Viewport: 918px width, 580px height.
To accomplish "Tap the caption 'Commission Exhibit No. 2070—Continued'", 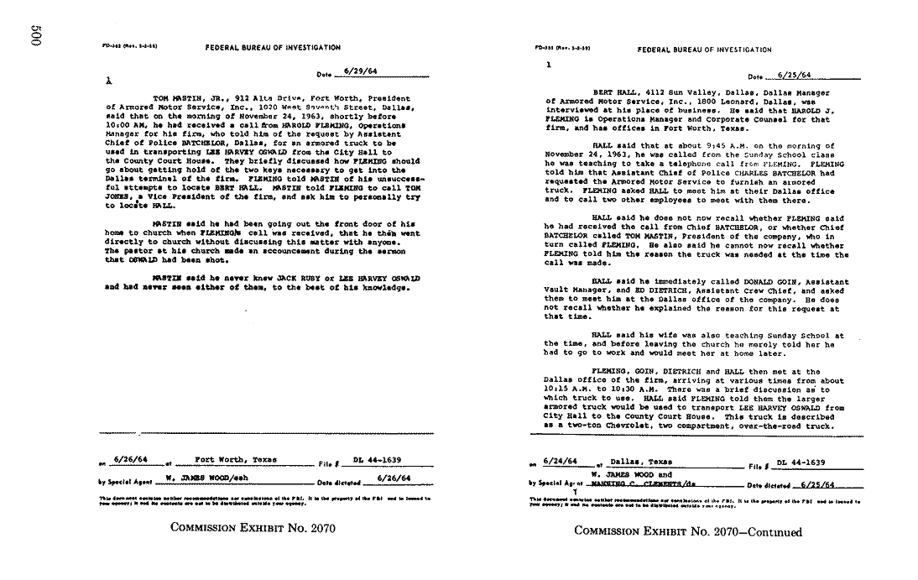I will point(688,532).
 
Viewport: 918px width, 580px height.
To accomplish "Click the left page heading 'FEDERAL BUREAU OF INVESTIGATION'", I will point(273,48).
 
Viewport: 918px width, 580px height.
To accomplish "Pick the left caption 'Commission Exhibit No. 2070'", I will point(253,529).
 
